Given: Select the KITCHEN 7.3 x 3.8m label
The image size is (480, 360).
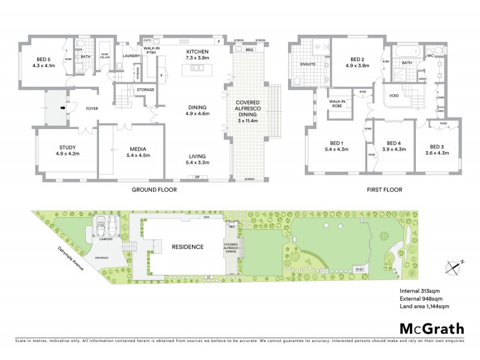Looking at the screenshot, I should [x=197, y=56].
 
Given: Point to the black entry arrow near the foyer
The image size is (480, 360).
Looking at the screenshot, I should [x=62, y=109].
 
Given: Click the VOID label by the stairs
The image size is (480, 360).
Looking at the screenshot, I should [x=394, y=95].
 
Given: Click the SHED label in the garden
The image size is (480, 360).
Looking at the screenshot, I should [x=359, y=270].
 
